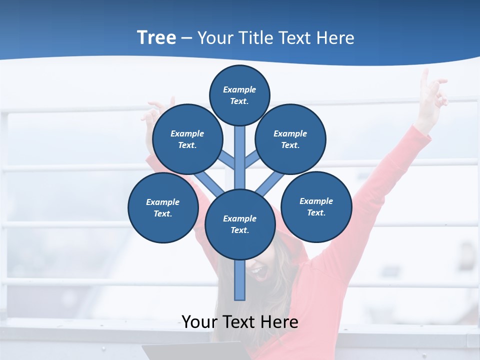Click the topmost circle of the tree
coord(239,95)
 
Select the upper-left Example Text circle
coord(187,139)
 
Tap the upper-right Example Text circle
coord(290,139)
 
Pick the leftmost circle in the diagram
coord(163,208)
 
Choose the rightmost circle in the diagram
coord(316,207)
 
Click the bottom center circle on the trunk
coord(240,224)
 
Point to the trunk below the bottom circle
coord(240,280)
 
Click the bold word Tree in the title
coord(156,37)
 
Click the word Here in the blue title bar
coord(335,38)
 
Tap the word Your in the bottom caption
coord(199,322)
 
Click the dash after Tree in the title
coord(186,38)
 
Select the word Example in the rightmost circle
coord(316,201)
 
